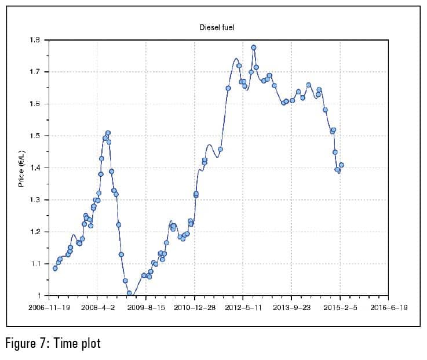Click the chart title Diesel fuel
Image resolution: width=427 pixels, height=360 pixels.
coord(217,27)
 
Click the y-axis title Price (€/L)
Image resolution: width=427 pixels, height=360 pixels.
coord(21,168)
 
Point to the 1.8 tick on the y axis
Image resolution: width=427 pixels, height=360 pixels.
coord(35,40)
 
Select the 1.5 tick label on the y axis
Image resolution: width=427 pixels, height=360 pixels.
coord(35,136)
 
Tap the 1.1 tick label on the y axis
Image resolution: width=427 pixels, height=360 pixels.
coord(35,264)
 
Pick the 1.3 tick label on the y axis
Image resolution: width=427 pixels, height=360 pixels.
coord(35,200)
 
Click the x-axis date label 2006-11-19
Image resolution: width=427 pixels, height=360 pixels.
coord(49,307)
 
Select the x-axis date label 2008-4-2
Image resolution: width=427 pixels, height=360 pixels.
coord(97,307)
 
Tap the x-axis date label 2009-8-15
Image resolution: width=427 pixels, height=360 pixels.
coord(145,307)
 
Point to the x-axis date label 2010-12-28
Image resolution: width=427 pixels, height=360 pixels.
coord(195,307)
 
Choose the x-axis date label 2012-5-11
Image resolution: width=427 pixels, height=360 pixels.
coord(243,307)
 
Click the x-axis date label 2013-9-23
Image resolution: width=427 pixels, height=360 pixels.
coord(291,307)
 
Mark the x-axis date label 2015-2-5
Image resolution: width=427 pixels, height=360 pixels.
coord(340,307)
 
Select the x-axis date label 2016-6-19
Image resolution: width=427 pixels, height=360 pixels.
coord(388,307)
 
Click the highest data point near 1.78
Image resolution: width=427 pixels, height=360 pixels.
coord(253,48)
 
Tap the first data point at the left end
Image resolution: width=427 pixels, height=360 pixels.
coord(55,268)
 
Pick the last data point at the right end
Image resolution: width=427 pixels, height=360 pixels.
coord(341,165)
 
